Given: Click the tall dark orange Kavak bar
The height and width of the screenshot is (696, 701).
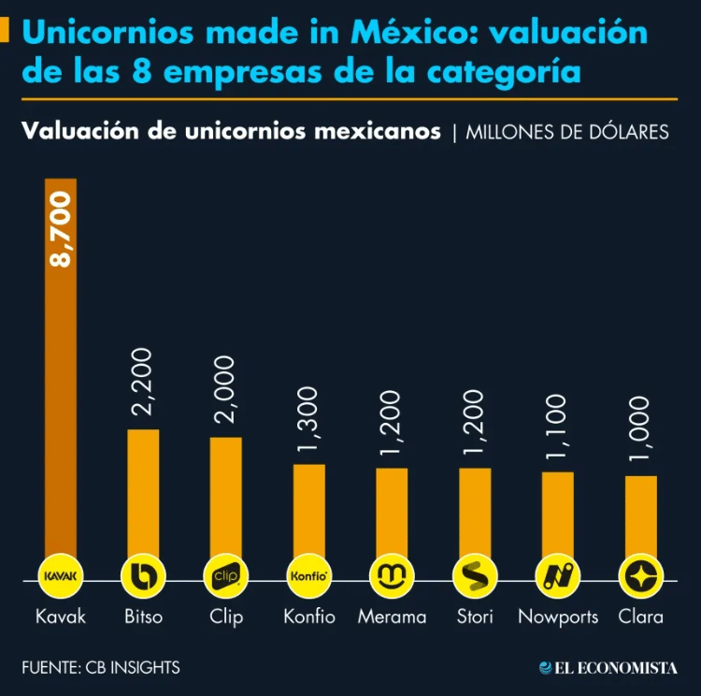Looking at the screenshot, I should pyautogui.click(x=61, y=374).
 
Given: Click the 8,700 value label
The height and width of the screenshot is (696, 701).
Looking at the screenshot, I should pyautogui.click(x=61, y=230).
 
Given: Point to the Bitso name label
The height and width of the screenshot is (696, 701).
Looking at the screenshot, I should pyautogui.click(x=143, y=617).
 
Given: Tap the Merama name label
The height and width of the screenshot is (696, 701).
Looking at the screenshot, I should pyautogui.click(x=392, y=617).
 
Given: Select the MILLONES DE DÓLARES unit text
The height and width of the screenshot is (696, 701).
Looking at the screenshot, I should pyautogui.click(x=566, y=132).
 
